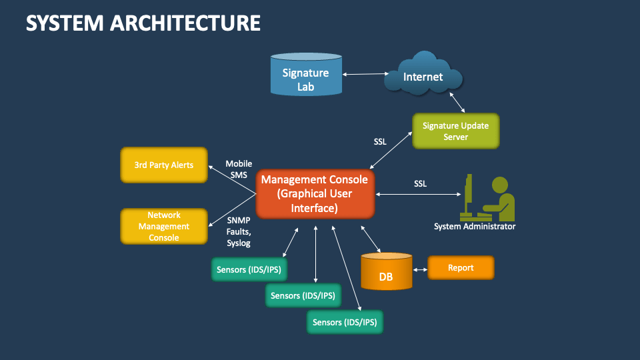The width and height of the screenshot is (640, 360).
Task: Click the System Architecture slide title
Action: [143, 23]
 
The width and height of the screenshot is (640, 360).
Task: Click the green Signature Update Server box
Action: [455, 131]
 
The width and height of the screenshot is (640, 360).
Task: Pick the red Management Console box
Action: [315, 194]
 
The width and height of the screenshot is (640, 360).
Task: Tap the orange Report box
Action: [461, 268]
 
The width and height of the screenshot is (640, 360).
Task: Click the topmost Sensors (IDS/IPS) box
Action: [249, 270]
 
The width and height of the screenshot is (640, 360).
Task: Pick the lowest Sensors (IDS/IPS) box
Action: [345, 322]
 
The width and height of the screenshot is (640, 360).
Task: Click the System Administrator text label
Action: [475, 227]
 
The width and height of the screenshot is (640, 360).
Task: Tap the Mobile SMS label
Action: [238, 169]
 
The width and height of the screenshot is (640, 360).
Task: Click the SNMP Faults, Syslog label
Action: [238, 231]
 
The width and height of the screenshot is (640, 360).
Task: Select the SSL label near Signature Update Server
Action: [380, 142]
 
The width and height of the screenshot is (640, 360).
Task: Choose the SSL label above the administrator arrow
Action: [420, 183]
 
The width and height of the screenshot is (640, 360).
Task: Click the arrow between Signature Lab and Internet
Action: [366, 73]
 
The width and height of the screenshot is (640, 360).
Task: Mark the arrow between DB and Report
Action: [419, 270]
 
